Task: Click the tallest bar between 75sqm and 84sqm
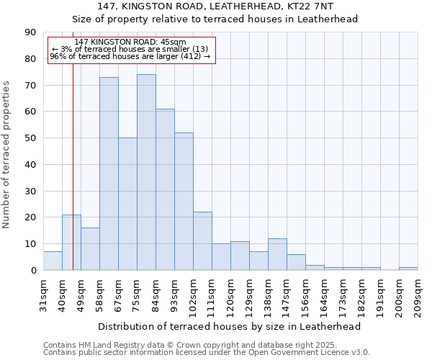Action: coord(146,173)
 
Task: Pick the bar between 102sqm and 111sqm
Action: coord(202,241)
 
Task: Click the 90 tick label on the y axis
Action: coord(30,32)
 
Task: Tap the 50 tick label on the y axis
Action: coord(30,138)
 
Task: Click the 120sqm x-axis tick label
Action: coord(231,295)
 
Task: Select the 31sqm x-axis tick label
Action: coord(44,295)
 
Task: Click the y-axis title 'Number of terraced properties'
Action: coord(6,155)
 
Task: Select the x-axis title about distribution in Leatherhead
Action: coord(229,326)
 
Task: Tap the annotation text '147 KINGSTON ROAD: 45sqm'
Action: coord(130,42)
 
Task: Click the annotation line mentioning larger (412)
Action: coord(130,56)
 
